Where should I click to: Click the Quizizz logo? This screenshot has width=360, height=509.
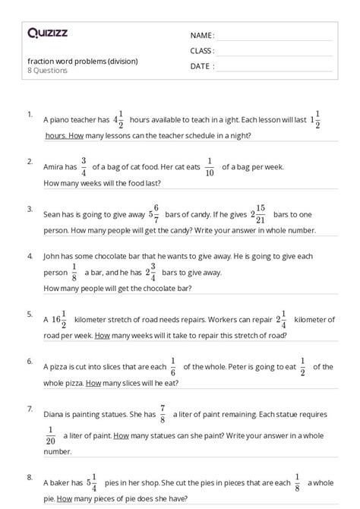click(47, 33)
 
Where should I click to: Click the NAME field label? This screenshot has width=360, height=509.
click(202, 36)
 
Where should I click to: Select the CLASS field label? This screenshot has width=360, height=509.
click(203, 51)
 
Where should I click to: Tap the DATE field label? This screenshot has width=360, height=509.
click(201, 66)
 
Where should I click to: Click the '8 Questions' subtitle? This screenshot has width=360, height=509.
click(47, 71)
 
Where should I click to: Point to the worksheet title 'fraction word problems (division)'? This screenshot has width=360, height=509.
click(83, 61)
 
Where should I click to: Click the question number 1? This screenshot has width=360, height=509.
click(30, 114)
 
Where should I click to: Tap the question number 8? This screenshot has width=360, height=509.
click(30, 477)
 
